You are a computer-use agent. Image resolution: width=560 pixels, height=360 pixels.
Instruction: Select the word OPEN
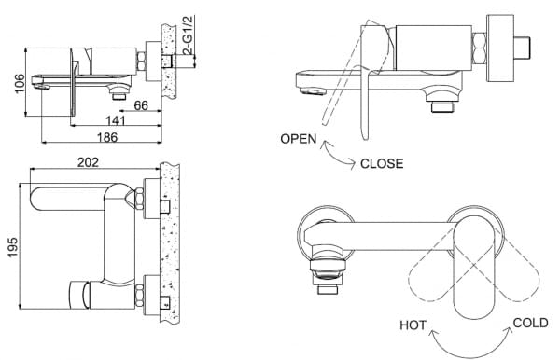(x=299, y=140)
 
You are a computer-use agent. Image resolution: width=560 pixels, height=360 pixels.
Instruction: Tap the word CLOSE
(x=382, y=163)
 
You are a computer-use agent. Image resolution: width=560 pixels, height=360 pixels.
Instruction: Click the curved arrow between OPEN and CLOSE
(x=337, y=155)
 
